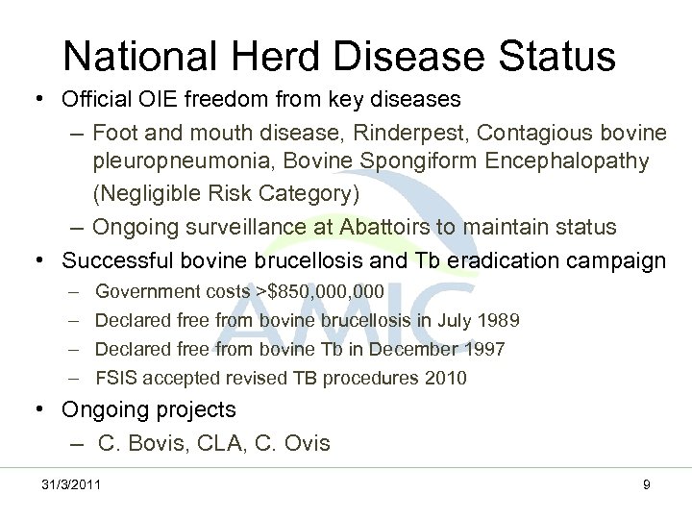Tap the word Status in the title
point(552,56)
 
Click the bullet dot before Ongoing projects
point(41,410)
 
